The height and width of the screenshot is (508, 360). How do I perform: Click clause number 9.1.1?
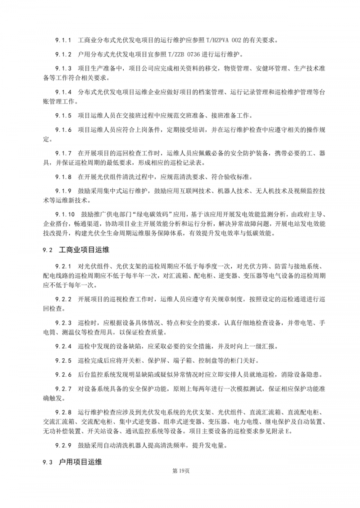tap(64, 40)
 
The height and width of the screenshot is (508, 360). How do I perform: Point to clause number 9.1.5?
tap(64, 115)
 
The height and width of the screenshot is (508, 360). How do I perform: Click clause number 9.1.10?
tap(66, 214)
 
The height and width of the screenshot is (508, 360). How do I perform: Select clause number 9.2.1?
tap(64, 265)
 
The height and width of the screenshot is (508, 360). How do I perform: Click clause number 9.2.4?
tap(64, 346)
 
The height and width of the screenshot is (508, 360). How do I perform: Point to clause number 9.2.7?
tap(64, 388)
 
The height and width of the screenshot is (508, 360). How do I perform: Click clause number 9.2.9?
tap(64, 446)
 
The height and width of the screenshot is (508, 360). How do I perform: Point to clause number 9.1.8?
tap(64, 176)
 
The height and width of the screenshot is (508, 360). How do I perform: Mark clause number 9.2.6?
tap(64, 374)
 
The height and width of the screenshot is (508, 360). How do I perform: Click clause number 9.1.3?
tap(64, 68)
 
